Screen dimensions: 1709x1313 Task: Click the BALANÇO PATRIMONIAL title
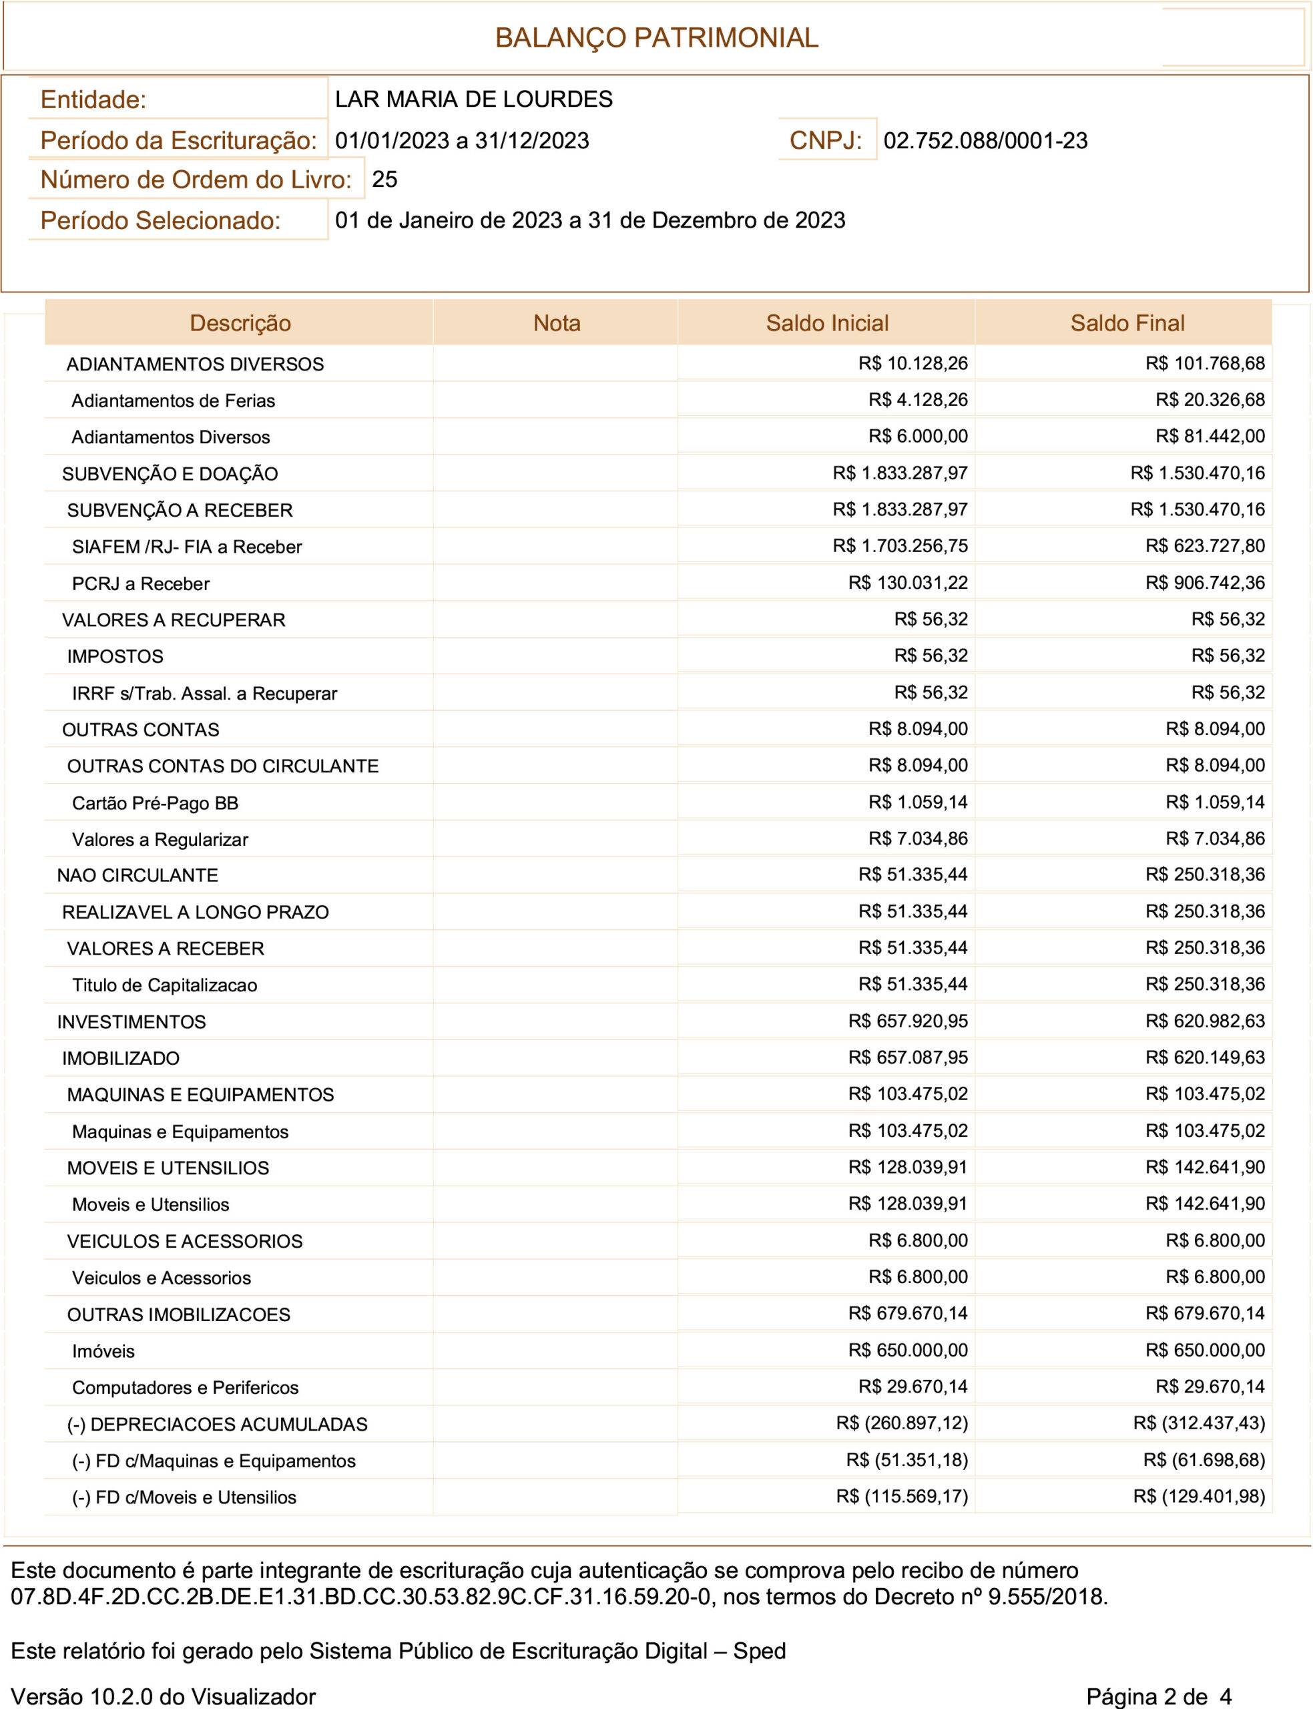coord(657,37)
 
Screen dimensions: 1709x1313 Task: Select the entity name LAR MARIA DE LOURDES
coord(474,99)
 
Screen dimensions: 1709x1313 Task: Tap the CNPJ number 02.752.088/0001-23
coord(985,141)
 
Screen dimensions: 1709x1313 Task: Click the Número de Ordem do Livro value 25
coord(384,180)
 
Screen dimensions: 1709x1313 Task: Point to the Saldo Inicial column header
coord(827,322)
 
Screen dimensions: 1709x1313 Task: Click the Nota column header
coord(557,322)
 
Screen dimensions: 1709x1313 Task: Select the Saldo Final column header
coord(1127,322)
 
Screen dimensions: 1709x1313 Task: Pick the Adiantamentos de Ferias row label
coord(174,401)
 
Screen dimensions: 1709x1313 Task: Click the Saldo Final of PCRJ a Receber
coord(1205,582)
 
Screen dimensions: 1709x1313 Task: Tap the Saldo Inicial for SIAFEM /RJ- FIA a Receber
coord(900,545)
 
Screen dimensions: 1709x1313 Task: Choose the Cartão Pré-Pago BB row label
coord(155,802)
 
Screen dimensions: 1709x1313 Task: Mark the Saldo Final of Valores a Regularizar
coord(1216,838)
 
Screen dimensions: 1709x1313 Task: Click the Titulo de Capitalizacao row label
coord(164,985)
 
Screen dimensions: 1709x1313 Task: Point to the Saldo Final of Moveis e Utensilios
coord(1205,1204)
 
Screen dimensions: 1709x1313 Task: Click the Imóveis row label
coord(103,1351)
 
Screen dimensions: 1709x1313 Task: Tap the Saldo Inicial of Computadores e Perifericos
coord(913,1387)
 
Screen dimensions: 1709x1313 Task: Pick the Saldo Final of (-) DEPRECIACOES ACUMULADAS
coord(1199,1423)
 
